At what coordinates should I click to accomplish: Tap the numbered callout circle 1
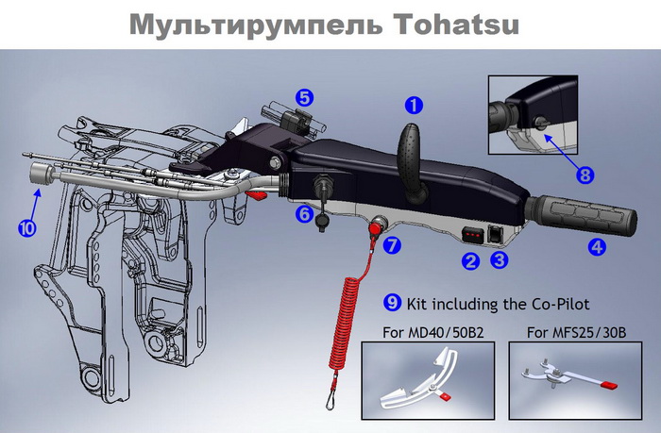(415, 105)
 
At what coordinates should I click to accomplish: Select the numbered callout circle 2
(470, 258)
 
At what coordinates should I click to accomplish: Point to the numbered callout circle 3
(500, 258)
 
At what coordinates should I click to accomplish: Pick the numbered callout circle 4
(597, 248)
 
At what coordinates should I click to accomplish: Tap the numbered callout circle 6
(305, 215)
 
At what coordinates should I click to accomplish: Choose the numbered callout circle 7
(393, 245)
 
